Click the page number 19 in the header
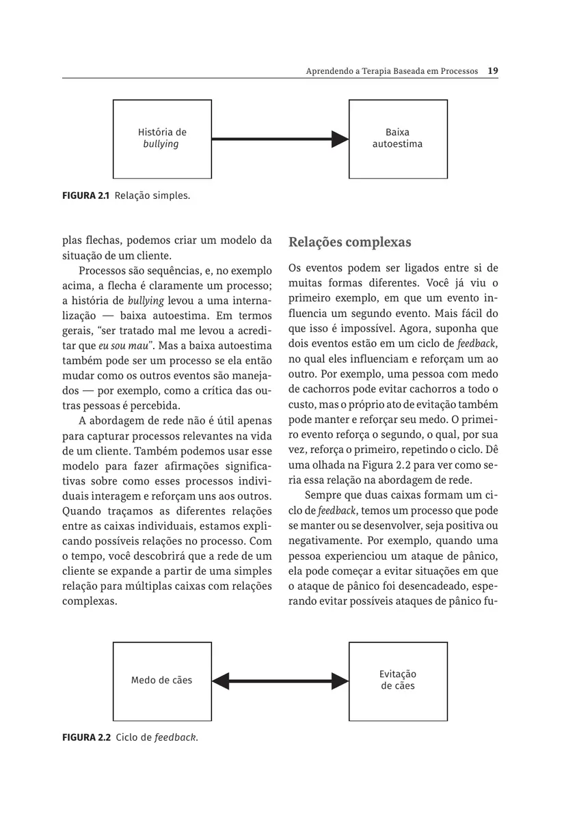[x=493, y=71]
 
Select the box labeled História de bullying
[x=162, y=139]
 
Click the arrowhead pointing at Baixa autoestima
[x=340, y=139]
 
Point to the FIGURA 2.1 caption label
[x=86, y=196]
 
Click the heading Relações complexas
[x=350, y=243]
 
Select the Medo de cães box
[x=162, y=681]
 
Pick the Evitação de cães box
[x=398, y=681]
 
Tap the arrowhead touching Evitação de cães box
[x=340, y=681]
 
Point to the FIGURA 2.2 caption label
[x=86, y=738]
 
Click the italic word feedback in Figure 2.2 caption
[x=176, y=738]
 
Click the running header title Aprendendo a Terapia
[x=392, y=71]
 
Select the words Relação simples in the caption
[x=152, y=196]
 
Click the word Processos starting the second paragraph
[x=113, y=271]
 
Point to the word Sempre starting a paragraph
[x=323, y=495]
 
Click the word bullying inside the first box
[x=161, y=144]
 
